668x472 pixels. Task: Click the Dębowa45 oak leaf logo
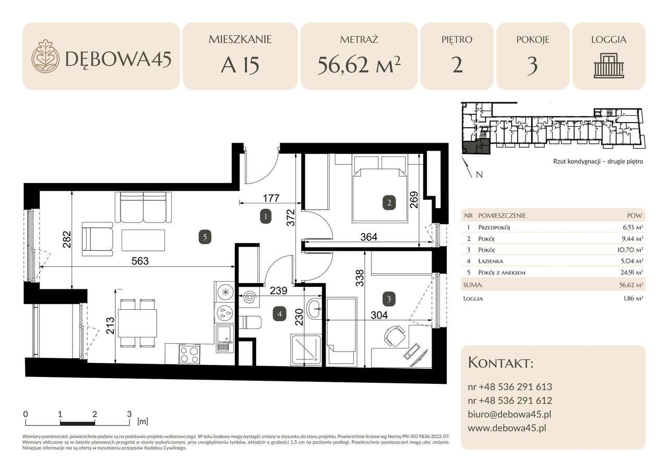coord(45,56)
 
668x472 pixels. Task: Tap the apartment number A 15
coord(240,66)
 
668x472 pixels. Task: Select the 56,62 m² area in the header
coord(359,66)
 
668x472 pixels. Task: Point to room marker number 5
coord(206,237)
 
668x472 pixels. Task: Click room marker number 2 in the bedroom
coord(389,202)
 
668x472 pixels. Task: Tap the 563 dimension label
coord(140,261)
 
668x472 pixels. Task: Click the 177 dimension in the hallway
coord(271,198)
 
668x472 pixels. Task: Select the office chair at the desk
coord(393,335)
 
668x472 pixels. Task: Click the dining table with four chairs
coord(137,323)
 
